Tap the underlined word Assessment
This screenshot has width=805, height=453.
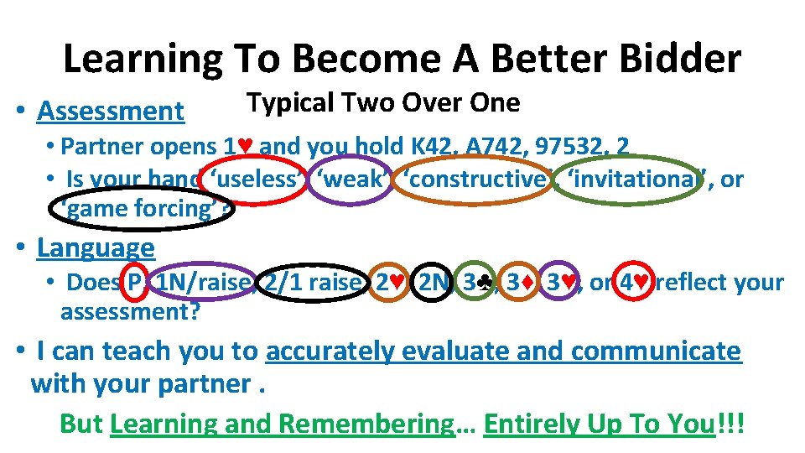coord(111,111)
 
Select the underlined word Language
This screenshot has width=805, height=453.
coord(96,247)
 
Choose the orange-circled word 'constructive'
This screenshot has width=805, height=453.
coord(474,179)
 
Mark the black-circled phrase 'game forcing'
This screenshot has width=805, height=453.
coord(140,209)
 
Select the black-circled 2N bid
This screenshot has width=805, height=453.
coord(434,283)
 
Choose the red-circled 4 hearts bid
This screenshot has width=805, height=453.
coord(631,283)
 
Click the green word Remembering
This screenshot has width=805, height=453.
coord(366,424)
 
